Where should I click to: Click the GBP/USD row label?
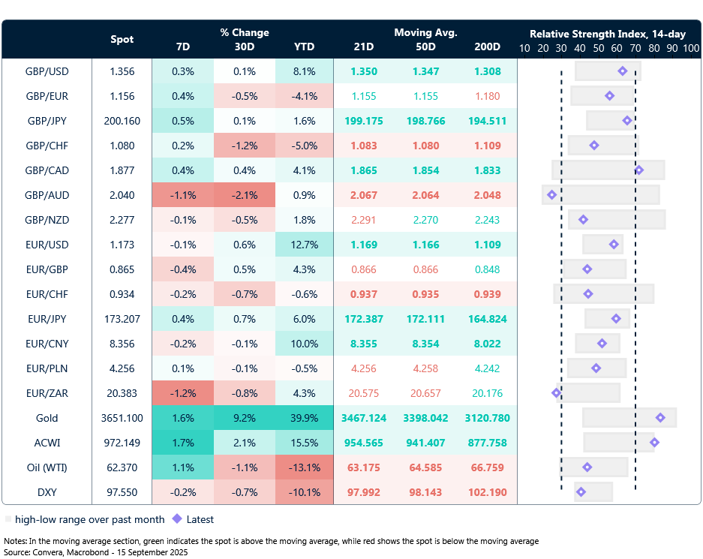point(47,72)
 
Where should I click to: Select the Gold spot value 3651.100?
point(122,418)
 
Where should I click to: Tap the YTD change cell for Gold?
point(304,418)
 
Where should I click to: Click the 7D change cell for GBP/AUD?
point(182,195)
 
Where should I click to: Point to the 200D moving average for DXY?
point(488,492)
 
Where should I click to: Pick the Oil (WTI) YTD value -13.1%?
point(304,467)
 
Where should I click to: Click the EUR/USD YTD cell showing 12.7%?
point(304,245)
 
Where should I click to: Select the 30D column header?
point(245,47)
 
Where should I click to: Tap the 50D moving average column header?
point(425,47)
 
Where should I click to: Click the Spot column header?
point(122,39)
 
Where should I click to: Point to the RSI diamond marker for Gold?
point(660,418)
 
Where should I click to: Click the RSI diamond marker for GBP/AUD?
point(552,195)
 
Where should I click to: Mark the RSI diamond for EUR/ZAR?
point(556,392)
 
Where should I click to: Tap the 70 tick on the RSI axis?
point(635,47)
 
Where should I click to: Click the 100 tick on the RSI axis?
point(691,47)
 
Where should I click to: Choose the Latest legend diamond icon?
point(177,518)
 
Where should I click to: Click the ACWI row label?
point(47,443)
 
